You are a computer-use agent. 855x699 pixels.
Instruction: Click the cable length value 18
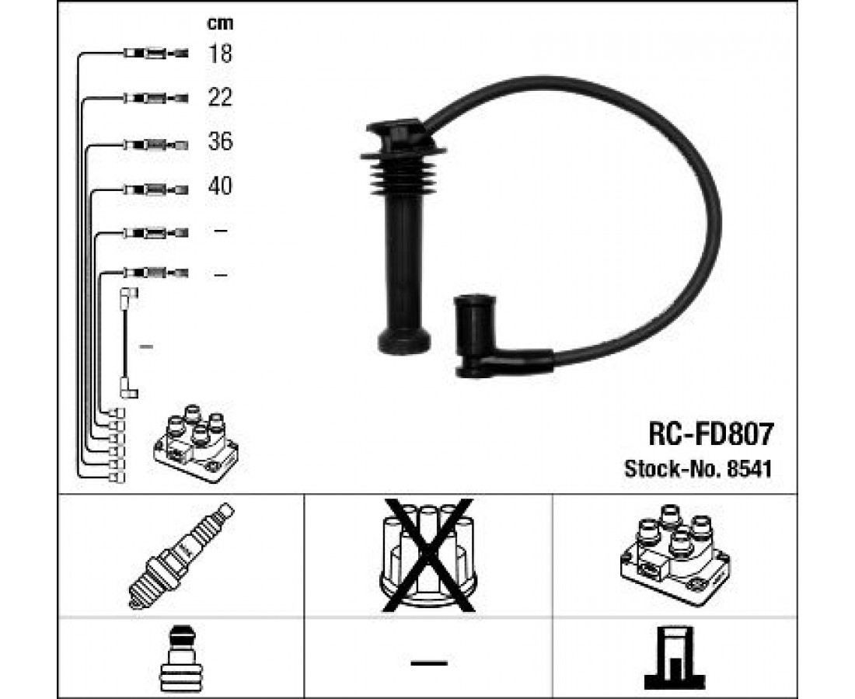coord(220,54)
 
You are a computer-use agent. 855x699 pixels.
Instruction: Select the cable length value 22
coord(220,98)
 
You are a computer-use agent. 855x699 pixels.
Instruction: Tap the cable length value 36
coord(220,141)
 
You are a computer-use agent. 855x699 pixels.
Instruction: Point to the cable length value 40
coord(220,186)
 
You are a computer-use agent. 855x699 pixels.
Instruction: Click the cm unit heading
coord(220,23)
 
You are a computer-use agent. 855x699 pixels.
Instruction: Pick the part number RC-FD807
coord(710,435)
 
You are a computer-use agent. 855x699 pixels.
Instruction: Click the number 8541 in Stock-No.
coord(750,468)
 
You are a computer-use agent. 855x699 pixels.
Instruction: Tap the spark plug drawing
coord(182,555)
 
